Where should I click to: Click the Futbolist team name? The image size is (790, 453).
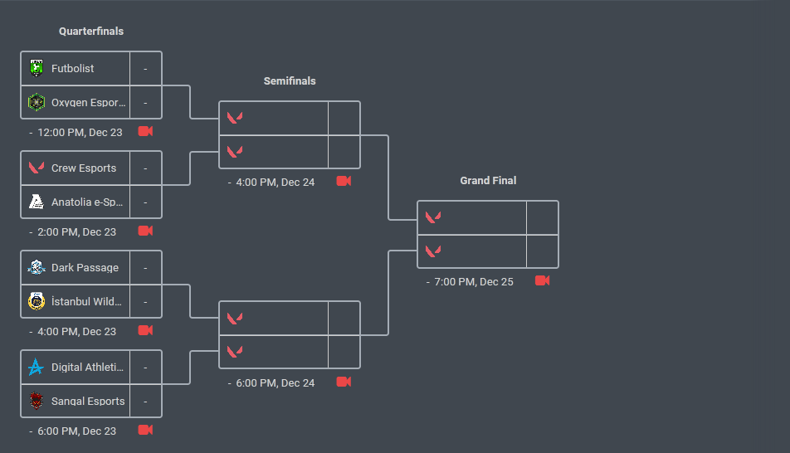(72, 69)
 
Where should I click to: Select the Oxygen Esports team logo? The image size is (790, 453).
(36, 102)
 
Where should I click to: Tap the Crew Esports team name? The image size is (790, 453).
(84, 168)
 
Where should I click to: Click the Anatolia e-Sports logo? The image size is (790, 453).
(36, 202)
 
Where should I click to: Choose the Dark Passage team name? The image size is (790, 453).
(85, 268)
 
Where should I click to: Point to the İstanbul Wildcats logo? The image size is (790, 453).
(36, 301)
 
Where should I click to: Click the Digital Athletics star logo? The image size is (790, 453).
(36, 368)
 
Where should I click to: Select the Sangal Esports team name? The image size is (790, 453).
(88, 402)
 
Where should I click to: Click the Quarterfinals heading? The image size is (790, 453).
(91, 32)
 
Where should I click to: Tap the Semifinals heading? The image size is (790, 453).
(290, 81)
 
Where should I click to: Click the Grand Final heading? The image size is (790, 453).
(488, 181)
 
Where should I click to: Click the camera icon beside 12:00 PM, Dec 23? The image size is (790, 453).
(145, 131)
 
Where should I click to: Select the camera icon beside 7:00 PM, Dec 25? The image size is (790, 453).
(543, 280)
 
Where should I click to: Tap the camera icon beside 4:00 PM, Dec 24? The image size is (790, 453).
(344, 181)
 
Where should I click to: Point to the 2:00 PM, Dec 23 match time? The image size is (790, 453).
(76, 232)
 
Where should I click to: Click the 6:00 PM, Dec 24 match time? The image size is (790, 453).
(275, 383)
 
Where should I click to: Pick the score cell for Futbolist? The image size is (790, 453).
(145, 69)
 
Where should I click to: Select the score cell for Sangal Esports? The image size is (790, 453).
(145, 402)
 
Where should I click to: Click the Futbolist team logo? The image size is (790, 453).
(36, 68)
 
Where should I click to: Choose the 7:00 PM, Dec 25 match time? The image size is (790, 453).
(474, 282)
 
